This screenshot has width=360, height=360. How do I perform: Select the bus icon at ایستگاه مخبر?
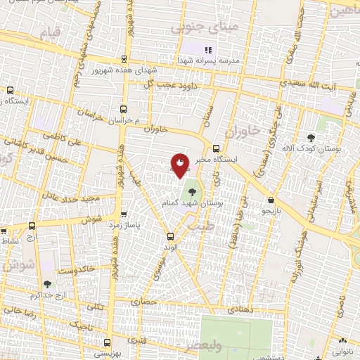215,148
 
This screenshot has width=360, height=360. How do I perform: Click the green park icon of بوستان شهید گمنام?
191,189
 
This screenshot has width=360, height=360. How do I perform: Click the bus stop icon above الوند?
170,236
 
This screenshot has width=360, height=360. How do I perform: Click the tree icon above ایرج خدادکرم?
47,284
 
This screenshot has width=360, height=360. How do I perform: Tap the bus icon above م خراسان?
124,109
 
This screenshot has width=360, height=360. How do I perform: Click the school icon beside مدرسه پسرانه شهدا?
207,50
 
